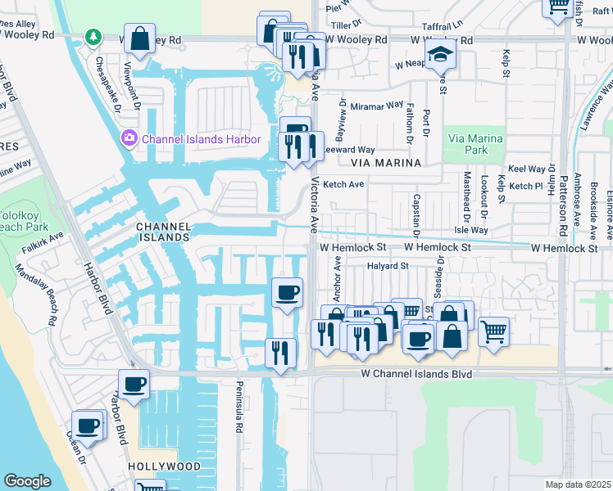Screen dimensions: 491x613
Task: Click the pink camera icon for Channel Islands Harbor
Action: [x=129, y=138]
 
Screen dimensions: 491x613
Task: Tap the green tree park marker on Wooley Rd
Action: [x=95, y=38]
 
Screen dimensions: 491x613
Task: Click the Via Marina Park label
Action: [x=474, y=144]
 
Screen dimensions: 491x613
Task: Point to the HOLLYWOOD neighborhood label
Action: [x=164, y=466]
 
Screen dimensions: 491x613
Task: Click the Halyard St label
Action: [x=388, y=266]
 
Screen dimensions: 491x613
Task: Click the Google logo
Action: [x=27, y=481]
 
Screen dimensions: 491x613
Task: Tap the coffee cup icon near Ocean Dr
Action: [x=88, y=426]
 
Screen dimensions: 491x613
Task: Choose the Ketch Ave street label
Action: [x=343, y=184]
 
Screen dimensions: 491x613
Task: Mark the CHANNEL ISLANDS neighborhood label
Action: [x=163, y=232]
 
